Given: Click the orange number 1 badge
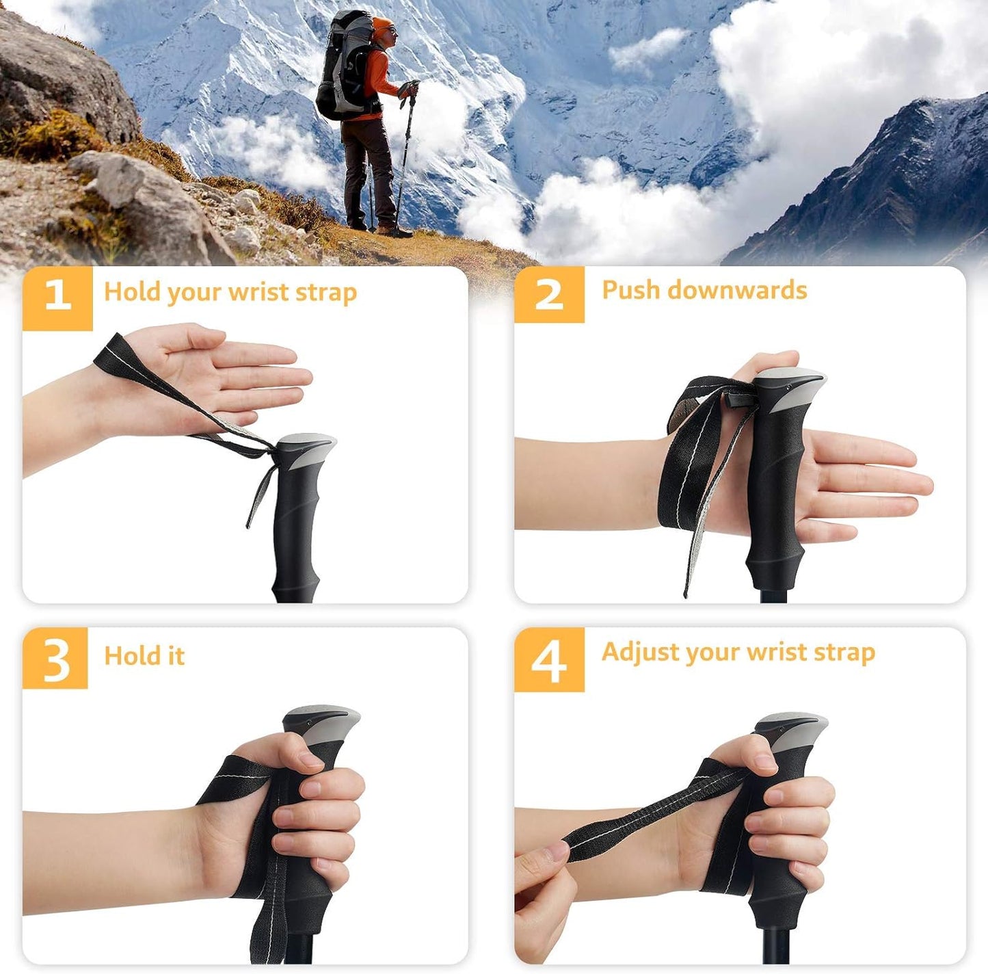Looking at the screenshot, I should (57, 298).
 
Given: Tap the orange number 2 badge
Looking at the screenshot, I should (549, 294).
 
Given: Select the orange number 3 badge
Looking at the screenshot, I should (55, 658).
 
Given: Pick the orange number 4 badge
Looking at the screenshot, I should (549, 660).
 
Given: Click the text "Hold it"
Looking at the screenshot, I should (144, 656).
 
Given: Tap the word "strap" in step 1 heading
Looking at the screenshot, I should (326, 292).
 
